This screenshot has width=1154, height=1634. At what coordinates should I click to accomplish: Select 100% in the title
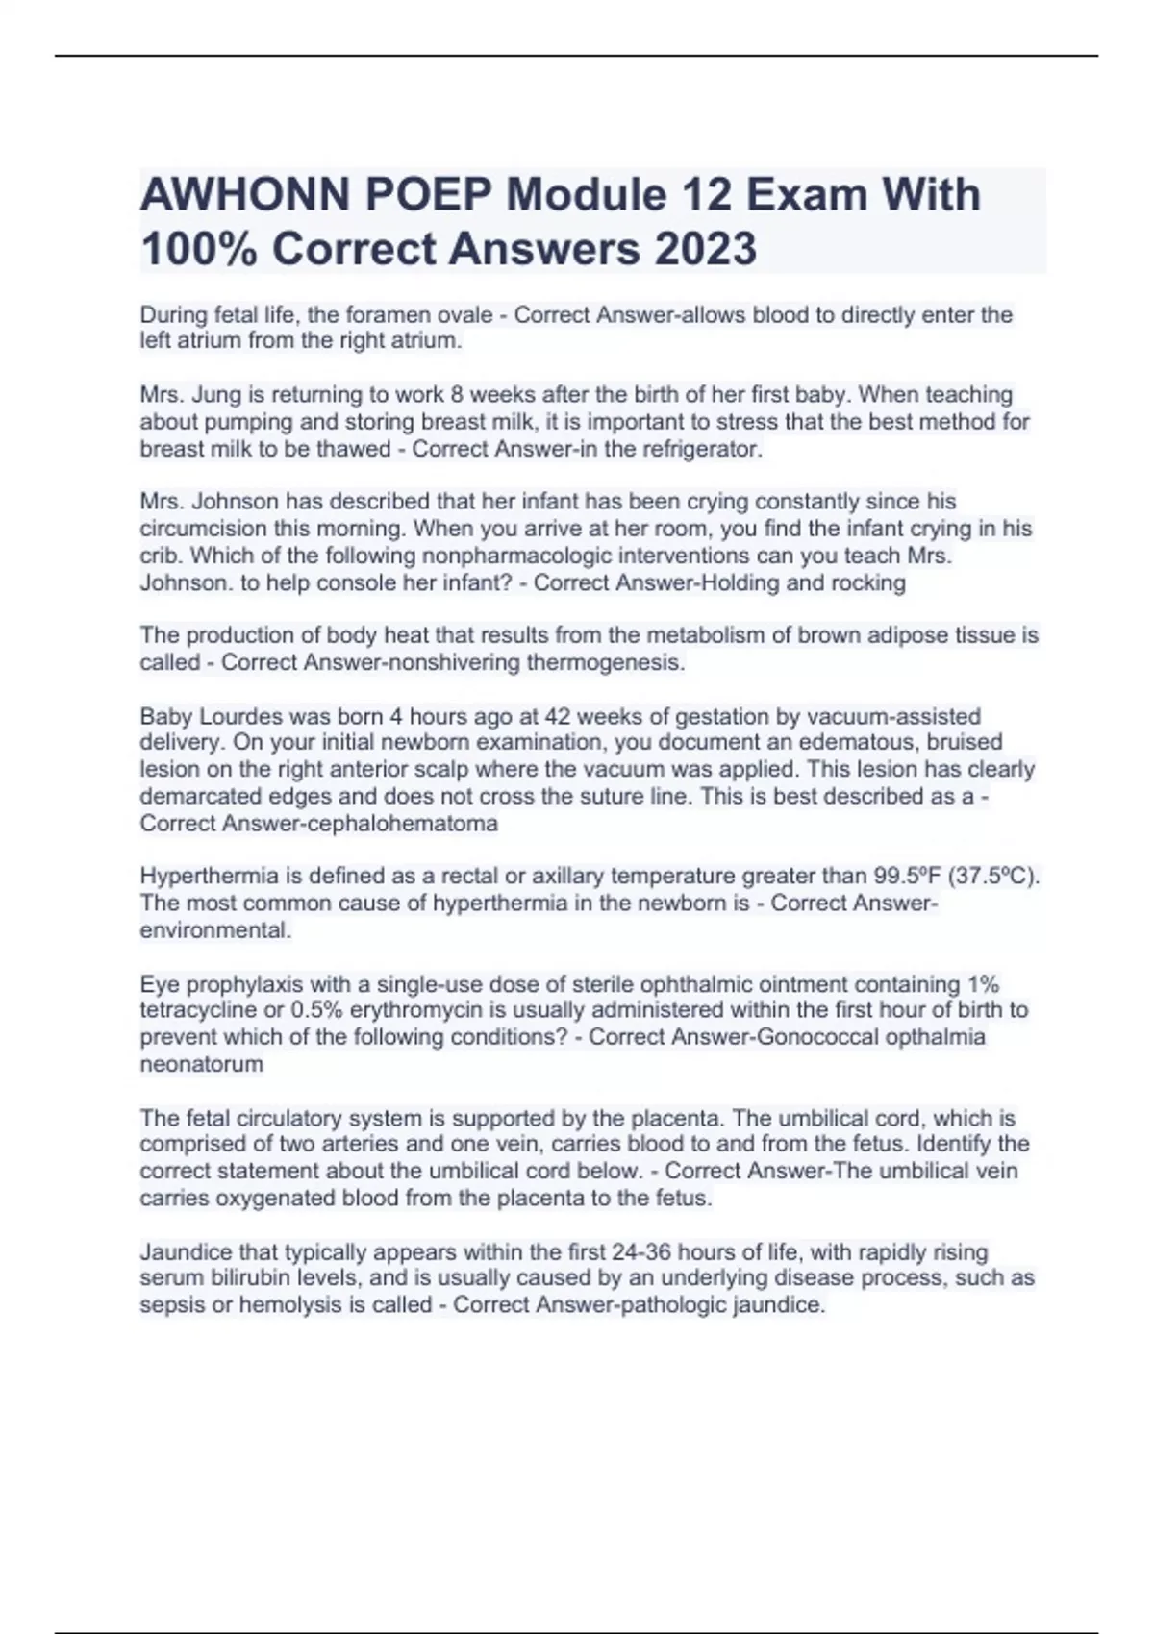pos(198,249)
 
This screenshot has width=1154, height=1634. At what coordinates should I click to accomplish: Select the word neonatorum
pos(201,1064)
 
